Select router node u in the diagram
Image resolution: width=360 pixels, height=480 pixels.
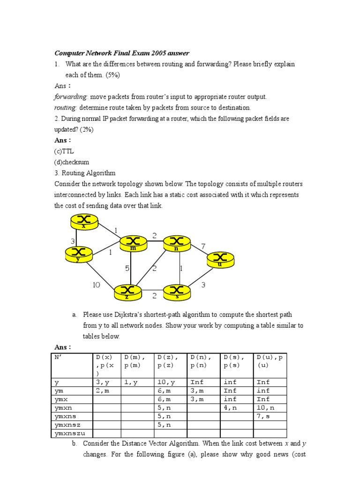[220, 259]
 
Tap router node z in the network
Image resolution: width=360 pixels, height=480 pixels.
[127, 292]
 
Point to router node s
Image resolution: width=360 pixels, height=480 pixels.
[177, 292]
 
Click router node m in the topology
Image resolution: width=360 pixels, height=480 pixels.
[134, 243]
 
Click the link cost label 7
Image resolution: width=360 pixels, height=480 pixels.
[203, 246]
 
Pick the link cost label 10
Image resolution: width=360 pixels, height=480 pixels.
[96, 285]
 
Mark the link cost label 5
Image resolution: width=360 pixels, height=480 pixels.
[127, 269]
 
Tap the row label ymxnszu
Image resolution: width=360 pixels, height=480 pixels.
[71, 433]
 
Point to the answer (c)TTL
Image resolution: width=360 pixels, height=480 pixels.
[64, 151]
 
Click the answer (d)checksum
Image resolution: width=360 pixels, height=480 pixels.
[70, 162]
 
